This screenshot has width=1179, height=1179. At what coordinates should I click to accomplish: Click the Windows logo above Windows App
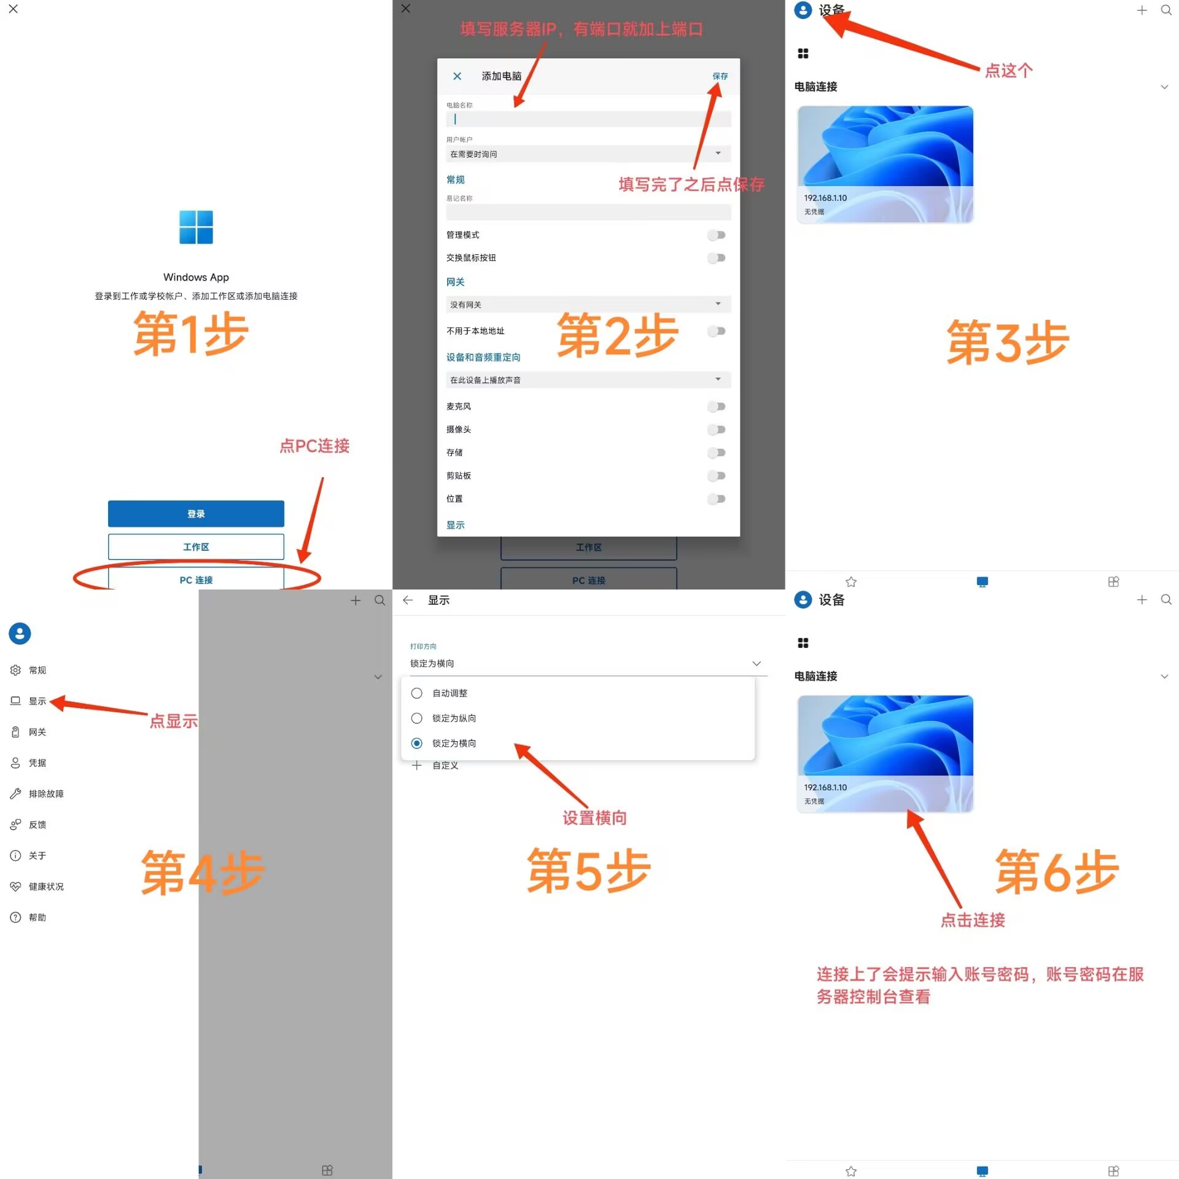pos(196,227)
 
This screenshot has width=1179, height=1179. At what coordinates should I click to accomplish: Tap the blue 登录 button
pos(196,514)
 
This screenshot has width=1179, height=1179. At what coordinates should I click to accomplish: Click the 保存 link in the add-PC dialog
pos(720,76)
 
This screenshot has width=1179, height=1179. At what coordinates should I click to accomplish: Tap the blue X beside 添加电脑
pos(457,76)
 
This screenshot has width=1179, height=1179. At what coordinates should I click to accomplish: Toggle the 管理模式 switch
pos(716,235)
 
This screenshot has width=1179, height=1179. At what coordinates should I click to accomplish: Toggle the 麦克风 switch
pos(716,407)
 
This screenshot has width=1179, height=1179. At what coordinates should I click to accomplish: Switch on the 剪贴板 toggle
pos(716,476)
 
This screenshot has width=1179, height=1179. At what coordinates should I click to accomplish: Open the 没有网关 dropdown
pos(588,305)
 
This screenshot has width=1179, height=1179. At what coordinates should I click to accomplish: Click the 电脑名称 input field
pos(588,119)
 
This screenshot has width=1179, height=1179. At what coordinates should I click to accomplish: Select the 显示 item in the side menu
pos(37,701)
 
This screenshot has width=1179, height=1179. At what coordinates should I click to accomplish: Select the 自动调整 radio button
pos(416,693)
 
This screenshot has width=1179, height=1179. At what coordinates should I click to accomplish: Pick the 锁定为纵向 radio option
pos(416,718)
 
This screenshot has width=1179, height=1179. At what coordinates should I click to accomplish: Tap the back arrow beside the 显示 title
pos(408,601)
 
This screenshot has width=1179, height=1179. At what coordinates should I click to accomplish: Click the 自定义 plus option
pos(435,766)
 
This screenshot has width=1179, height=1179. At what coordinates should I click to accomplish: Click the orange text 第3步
pos(1008,342)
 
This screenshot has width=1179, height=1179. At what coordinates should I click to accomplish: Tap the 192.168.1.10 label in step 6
pos(825,788)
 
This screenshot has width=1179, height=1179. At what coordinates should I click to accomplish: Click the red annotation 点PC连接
pos(314,446)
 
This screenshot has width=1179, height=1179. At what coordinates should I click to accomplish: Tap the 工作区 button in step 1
pos(196,547)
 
